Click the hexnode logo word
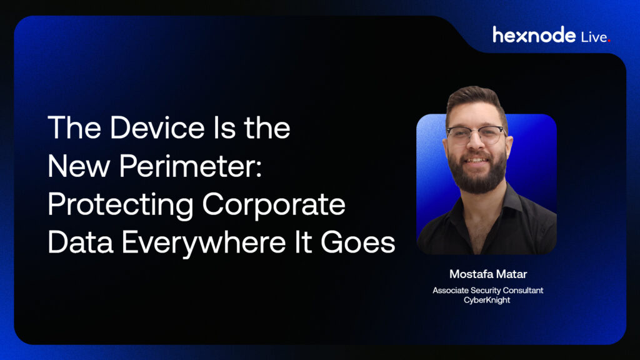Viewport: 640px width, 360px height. pos(534,35)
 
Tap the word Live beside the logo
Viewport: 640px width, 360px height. pos(594,37)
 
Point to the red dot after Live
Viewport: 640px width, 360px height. pos(609,41)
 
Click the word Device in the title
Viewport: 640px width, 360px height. pos(157,127)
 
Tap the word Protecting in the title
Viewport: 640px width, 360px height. pos(121,205)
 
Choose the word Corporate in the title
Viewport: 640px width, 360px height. pos(274,205)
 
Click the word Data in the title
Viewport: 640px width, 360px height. pos(81,242)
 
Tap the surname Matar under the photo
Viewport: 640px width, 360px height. pos(511,274)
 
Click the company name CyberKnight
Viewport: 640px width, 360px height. pos(487,300)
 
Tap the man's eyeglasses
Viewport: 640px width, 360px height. pos(476,135)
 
